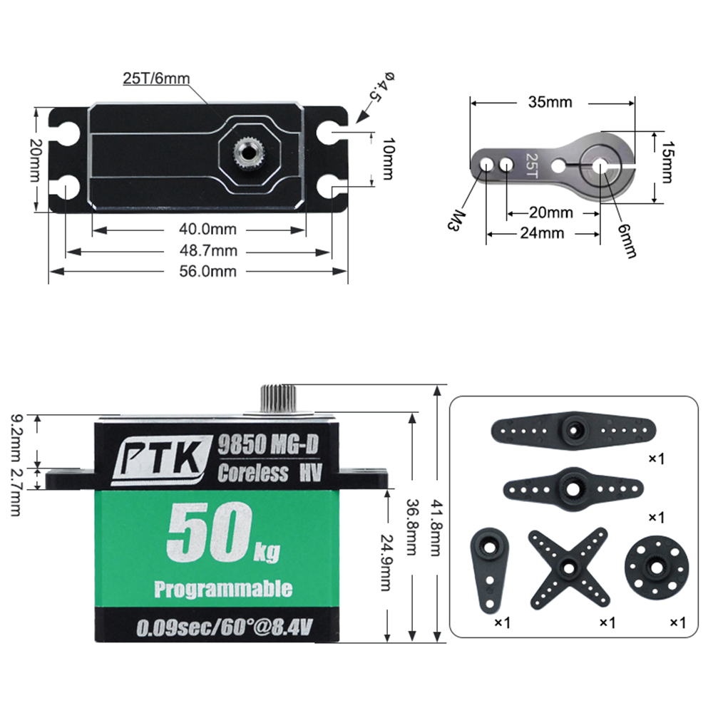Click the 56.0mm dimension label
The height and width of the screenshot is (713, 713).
(x=207, y=272)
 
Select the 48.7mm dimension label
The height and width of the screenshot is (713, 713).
(x=207, y=250)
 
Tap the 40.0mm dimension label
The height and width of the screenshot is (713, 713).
(x=207, y=229)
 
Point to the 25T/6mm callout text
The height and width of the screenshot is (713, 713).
(x=156, y=78)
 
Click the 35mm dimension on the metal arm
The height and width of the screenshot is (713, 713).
(x=550, y=102)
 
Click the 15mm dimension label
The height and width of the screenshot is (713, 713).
(x=666, y=162)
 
